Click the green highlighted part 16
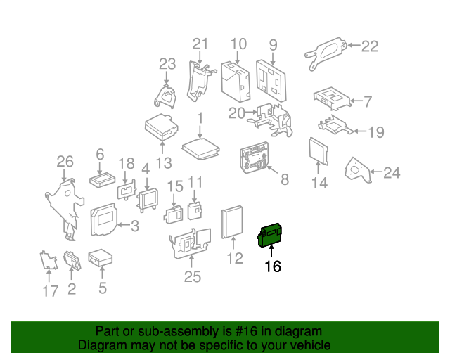coord(269,235)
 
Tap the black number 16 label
coord(273,266)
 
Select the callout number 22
coord(370,46)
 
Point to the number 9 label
coord(273,45)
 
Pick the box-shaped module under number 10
coord(236,82)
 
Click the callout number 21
coord(200,44)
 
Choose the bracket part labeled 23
coord(165,96)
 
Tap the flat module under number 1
coord(200,148)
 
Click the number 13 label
coord(164,163)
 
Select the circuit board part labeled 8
coord(255,157)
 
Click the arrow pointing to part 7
coord(356,101)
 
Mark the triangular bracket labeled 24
coord(358,170)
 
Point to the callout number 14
coord(319,183)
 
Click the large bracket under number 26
coord(65,209)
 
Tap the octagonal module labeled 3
coord(104,219)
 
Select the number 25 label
coord(192,277)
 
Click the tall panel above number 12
coord(232,221)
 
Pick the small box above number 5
coord(100,257)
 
